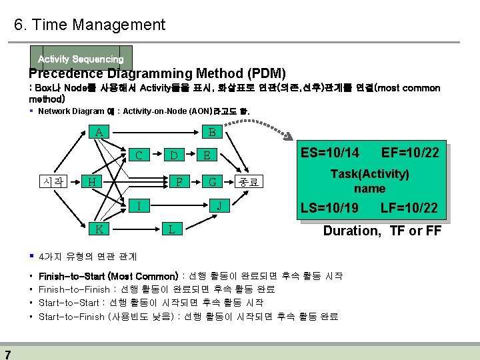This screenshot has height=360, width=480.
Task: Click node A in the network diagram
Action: [99, 132]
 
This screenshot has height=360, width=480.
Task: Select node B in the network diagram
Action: [212, 132]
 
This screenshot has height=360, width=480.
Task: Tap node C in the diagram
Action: [139, 156]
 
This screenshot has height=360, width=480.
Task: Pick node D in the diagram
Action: [174, 156]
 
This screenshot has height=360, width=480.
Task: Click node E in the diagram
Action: [207, 156]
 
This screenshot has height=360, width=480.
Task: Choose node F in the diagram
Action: [177, 181]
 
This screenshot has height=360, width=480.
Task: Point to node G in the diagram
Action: [212, 181]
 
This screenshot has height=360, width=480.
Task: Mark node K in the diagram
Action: [99, 229]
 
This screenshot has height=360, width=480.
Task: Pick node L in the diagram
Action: [171, 229]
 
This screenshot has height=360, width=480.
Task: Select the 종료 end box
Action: [249, 181]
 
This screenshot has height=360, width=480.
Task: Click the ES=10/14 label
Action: [330, 153]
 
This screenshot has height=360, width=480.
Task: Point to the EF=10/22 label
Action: [410, 153]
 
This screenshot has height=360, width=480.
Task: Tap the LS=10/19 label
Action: [330, 208]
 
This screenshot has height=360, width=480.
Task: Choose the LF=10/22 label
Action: [409, 208]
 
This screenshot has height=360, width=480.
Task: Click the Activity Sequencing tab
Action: [81, 59]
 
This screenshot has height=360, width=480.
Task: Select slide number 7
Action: [7, 353]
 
